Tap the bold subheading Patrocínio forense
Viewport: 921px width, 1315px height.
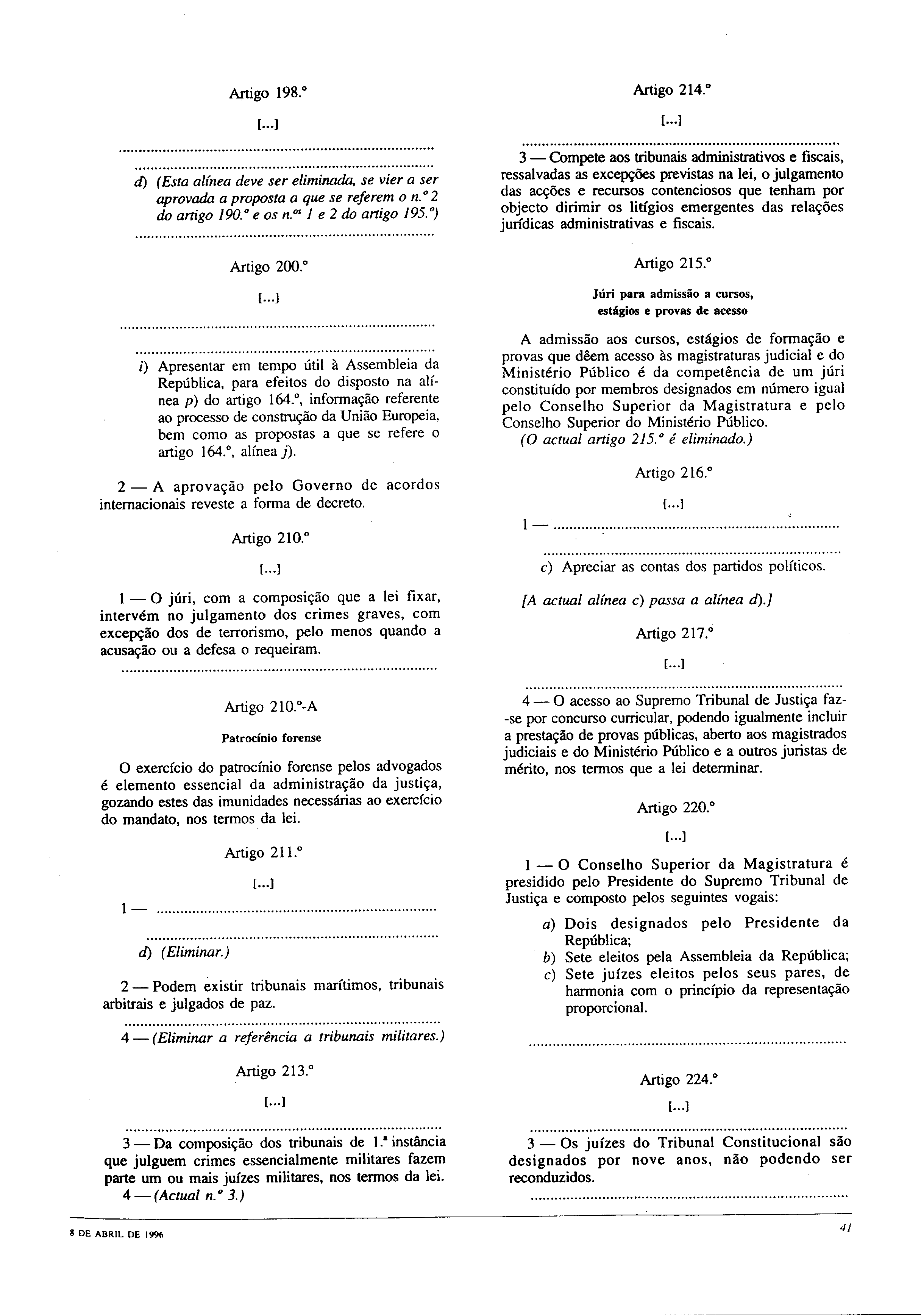pyautogui.click(x=271, y=738)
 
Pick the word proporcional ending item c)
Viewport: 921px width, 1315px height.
pyautogui.click(x=606, y=1008)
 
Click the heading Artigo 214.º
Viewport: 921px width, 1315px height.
pyautogui.click(x=672, y=90)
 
